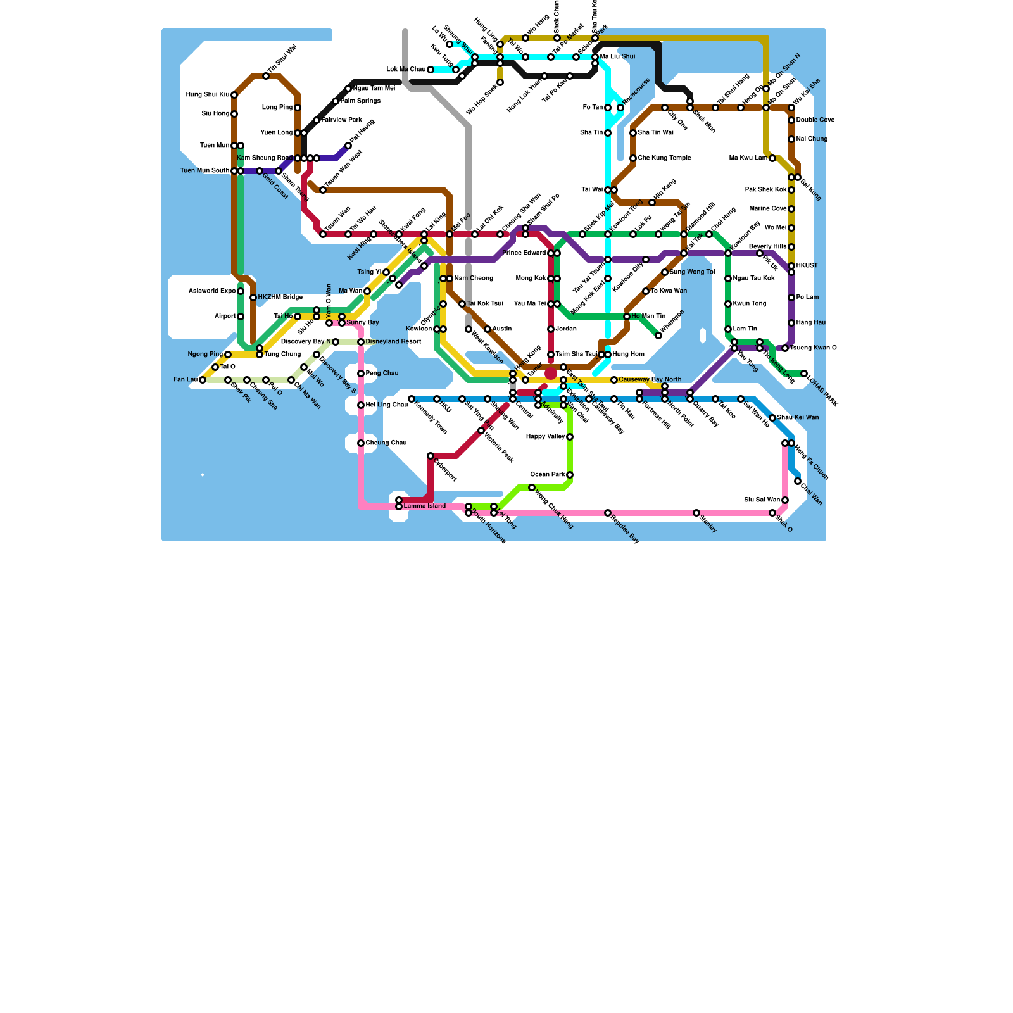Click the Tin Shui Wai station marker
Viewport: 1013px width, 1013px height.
[266, 76]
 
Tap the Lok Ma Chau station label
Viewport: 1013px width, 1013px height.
[406, 70]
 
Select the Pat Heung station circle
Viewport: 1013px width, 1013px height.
[348, 146]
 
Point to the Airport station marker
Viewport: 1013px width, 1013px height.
[241, 317]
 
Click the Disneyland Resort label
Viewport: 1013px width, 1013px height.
[393, 342]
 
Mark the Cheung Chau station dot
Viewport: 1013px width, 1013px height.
[361, 443]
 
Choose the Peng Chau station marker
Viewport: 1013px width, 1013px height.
[361, 374]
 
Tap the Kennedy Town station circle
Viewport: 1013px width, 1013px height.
[412, 399]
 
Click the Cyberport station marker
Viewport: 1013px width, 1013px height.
[431, 456]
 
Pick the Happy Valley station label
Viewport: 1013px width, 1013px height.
[545, 437]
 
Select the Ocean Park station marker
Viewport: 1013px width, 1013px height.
[570, 475]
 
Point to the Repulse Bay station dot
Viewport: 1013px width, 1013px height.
[608, 513]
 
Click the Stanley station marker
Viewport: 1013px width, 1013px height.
[696, 513]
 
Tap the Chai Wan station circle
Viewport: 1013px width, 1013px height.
[798, 481]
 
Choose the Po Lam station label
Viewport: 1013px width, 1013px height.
[807, 298]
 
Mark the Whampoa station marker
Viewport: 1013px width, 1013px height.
[658, 336]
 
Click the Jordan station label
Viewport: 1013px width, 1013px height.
[566, 329]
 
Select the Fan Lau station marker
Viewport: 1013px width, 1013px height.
[203, 380]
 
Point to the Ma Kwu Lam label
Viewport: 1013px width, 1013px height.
[748, 158]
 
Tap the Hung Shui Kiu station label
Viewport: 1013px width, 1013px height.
[207, 95]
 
